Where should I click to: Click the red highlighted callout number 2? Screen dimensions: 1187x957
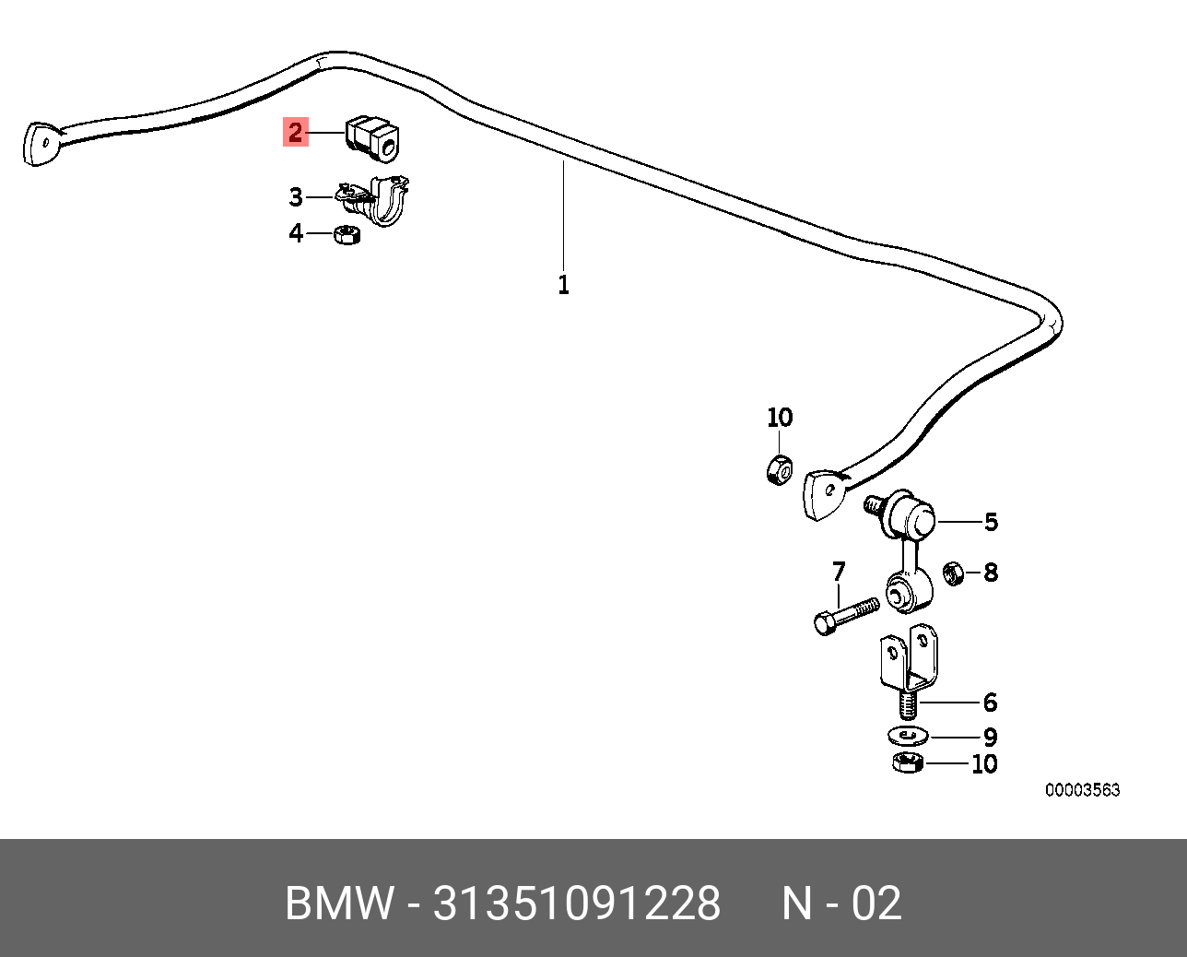point(296,133)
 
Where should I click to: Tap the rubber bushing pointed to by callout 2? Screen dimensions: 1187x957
point(373,139)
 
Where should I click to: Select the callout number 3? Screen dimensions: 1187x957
point(296,197)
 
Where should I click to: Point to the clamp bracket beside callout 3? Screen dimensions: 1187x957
point(373,200)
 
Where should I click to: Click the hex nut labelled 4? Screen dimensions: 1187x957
point(347,234)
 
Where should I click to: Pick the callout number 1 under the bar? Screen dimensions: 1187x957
point(563,285)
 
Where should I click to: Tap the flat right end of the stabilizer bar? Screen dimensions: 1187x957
point(823,494)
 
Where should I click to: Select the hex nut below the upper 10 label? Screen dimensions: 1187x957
point(779,469)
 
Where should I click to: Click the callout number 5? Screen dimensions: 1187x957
point(991,522)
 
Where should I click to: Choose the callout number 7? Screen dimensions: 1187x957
point(839,572)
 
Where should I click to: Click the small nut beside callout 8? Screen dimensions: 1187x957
point(953,573)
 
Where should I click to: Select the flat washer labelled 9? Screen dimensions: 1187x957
point(908,737)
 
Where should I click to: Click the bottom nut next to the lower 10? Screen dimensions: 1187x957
point(908,762)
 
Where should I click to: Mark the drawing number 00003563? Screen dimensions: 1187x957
point(1082,790)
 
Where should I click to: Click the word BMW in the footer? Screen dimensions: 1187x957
point(339,904)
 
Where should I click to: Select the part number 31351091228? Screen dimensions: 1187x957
point(576,904)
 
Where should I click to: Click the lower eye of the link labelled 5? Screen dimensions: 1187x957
point(908,593)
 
